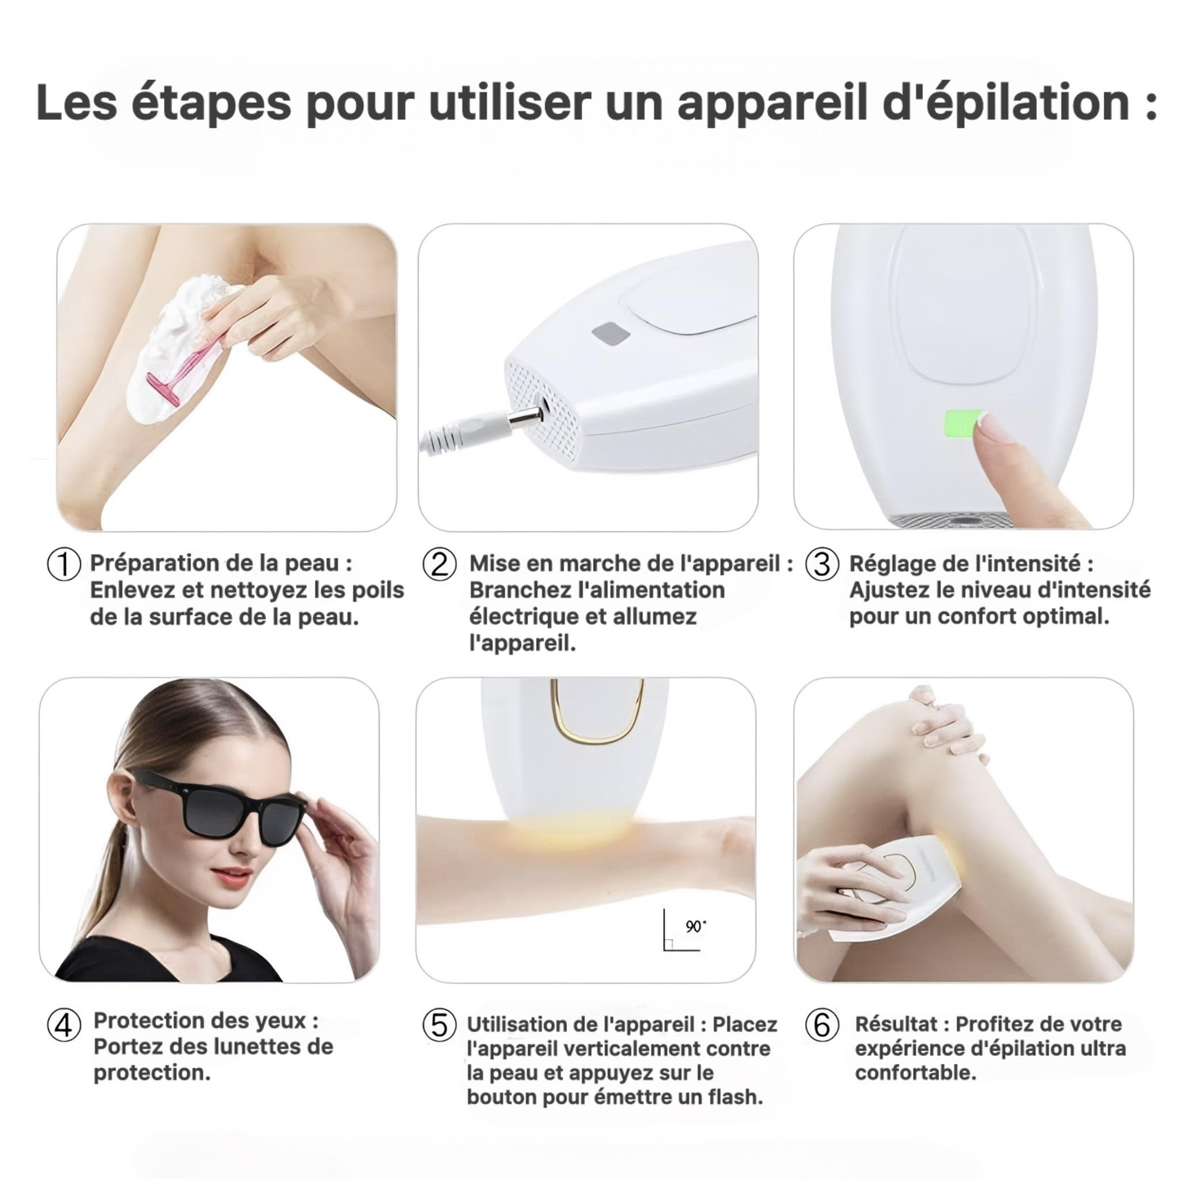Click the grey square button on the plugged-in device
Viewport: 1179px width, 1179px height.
[611, 335]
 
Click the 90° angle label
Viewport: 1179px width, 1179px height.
[696, 926]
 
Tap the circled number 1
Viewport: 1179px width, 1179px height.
[64, 565]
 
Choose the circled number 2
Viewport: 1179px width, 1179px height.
[439, 565]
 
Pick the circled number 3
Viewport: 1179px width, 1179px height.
[821, 565]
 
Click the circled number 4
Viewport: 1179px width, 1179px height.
[64, 1026]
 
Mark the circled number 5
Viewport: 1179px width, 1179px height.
[439, 1026]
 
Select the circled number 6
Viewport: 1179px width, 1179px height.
[821, 1026]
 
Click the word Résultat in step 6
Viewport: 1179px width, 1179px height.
[896, 1024]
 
